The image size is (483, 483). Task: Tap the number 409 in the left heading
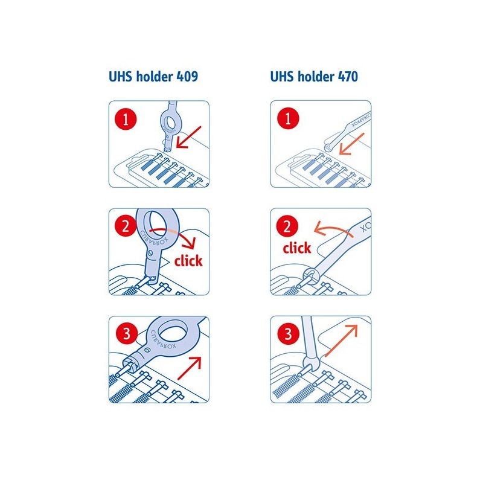click(186, 77)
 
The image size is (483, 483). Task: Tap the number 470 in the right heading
click(348, 77)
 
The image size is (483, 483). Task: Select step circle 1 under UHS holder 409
click(126, 118)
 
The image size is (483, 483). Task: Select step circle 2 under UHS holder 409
click(126, 226)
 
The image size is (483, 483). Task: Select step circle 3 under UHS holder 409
click(126, 333)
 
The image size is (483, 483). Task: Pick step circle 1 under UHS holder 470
click(287, 118)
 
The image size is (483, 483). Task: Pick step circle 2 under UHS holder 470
click(287, 226)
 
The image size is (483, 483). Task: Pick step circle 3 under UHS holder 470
click(287, 333)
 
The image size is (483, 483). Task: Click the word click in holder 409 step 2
click(188, 261)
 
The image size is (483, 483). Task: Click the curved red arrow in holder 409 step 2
click(181, 235)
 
